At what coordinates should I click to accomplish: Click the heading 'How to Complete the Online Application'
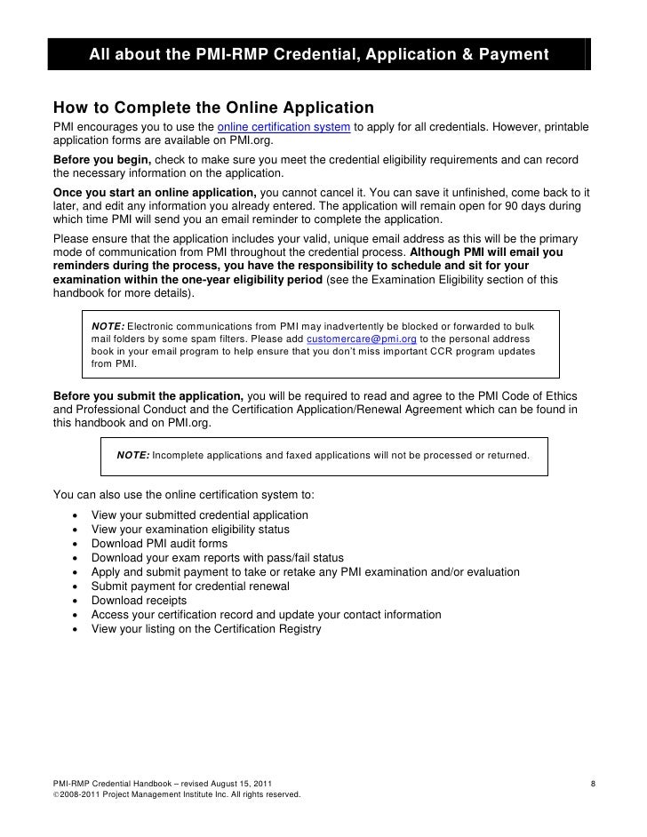tap(213, 108)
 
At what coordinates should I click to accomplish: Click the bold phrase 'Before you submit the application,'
tap(148, 395)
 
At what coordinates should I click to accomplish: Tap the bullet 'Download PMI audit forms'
tap(159, 544)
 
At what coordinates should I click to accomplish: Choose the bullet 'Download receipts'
tap(139, 601)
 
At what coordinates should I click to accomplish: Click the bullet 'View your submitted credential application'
tap(200, 515)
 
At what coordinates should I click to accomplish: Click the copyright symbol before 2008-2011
tap(57, 793)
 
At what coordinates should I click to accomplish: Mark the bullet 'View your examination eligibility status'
tap(190, 530)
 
